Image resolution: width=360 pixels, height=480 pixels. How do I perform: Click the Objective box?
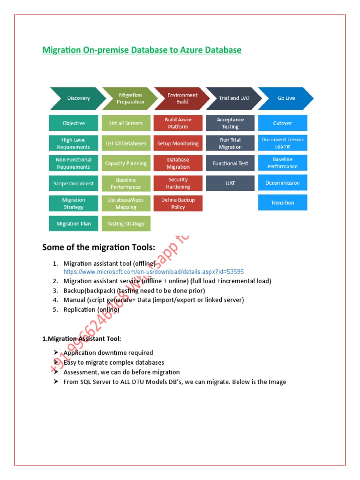coord(74,123)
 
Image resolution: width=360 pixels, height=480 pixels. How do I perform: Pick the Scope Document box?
coord(74,183)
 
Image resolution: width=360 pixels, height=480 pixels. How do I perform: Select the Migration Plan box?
coord(74,224)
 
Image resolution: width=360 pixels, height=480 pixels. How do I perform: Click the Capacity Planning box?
coord(126,164)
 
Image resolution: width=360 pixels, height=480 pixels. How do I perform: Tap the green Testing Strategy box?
coord(126,224)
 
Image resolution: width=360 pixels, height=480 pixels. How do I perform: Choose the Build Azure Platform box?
coord(178,123)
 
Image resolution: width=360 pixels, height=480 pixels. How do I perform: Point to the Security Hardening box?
coord(178,183)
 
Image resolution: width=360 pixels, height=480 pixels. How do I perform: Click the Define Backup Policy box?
coord(178,203)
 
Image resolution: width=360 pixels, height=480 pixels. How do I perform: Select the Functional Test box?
coord(230,164)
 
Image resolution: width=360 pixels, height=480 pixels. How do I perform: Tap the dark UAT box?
coord(230,183)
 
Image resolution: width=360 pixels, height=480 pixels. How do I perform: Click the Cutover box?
coord(283,123)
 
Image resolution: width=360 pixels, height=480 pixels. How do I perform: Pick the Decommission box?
coord(283,183)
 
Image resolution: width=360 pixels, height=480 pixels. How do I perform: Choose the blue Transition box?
coord(283,202)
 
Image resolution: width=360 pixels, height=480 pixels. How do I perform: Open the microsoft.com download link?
coord(154,272)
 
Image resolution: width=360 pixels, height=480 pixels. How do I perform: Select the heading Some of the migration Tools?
coord(98,247)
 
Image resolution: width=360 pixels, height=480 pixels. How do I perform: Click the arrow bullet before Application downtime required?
coord(56,352)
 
